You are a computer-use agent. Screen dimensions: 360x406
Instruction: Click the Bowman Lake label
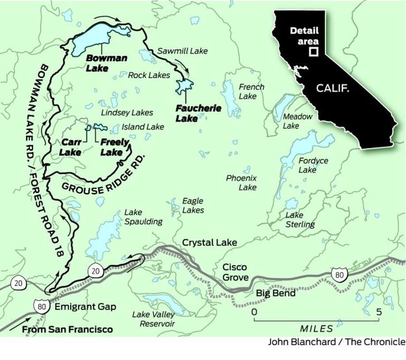[100, 63]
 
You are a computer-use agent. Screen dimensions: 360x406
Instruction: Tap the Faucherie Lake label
[192, 113]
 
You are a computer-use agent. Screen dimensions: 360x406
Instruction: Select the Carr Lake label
[71, 147]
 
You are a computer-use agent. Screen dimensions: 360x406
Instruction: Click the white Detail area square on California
[313, 52]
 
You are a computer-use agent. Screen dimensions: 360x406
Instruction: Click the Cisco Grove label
[234, 272]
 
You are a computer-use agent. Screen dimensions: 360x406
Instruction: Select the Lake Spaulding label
[143, 217]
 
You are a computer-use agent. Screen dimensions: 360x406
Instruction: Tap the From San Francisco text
[67, 330]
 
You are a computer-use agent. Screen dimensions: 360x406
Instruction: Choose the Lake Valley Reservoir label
[153, 319]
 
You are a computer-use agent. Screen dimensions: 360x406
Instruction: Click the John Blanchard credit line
[336, 341]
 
